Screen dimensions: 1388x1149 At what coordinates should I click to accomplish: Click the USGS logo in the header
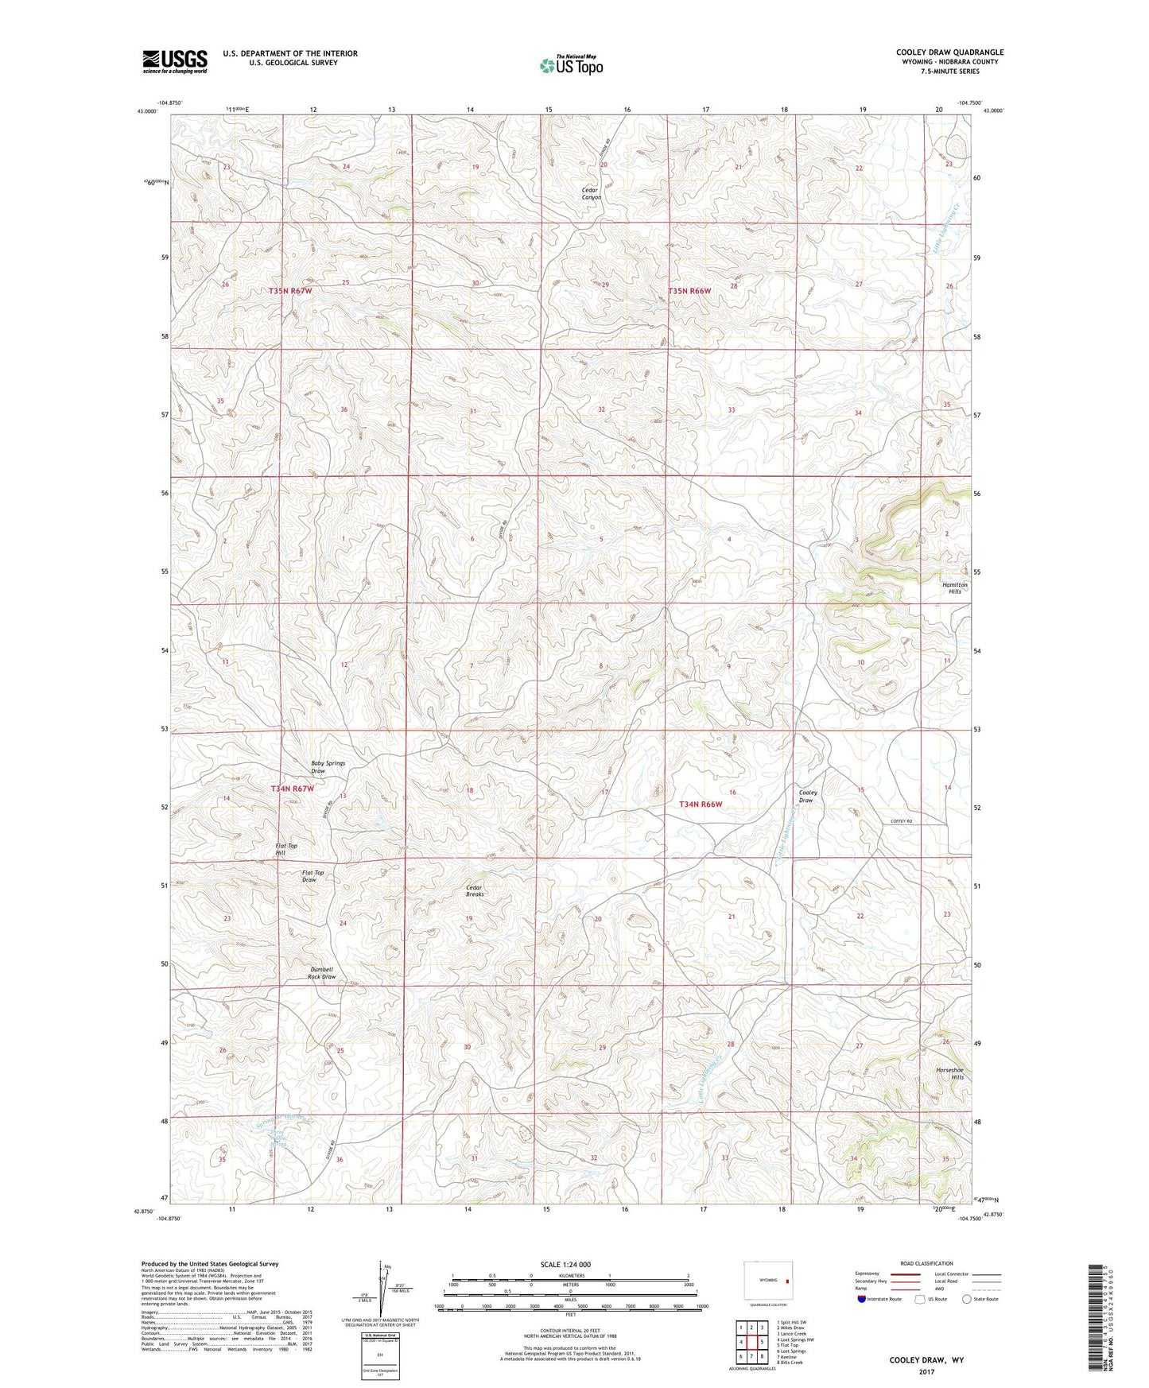click(174, 61)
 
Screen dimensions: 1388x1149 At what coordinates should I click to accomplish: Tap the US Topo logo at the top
click(570, 65)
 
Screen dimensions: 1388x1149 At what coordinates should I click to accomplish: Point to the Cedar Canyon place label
click(592, 194)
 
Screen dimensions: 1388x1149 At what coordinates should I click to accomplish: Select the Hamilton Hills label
click(954, 588)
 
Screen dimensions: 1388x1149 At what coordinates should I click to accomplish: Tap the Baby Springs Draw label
click(328, 767)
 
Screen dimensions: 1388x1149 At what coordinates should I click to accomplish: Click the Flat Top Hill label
click(285, 849)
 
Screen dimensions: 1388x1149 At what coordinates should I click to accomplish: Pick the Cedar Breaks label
click(475, 890)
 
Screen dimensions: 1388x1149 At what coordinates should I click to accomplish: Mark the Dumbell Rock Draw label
click(322, 973)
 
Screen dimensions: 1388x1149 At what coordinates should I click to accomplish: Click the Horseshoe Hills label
click(951, 1074)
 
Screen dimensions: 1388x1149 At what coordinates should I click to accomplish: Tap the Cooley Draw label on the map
click(806, 796)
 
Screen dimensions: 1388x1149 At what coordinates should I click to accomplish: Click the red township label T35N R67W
click(290, 292)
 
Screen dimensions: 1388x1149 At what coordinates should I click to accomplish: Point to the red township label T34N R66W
click(701, 804)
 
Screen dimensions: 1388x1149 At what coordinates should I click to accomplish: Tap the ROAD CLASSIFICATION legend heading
click(926, 1263)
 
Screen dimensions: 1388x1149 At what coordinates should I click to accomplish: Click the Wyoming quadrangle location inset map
click(767, 1281)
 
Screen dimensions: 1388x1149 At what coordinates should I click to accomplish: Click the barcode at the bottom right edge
click(1098, 1324)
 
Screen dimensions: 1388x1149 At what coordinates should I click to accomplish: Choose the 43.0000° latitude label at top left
click(148, 111)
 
